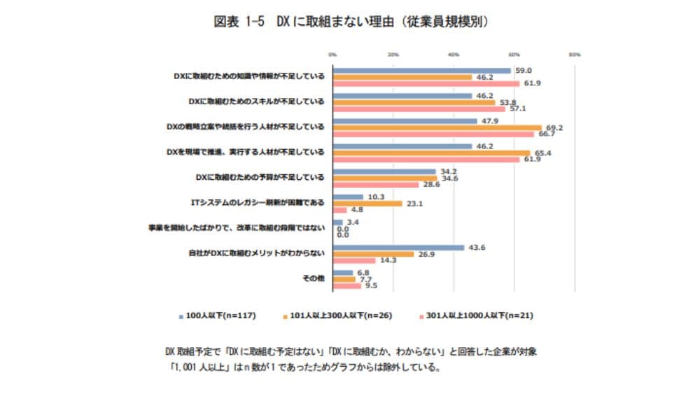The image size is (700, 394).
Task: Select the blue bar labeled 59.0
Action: coord(421,70)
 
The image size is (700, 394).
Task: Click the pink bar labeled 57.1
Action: coord(419,108)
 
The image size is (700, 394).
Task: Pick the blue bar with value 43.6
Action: coord(398,247)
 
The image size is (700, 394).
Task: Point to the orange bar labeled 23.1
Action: coord(367,203)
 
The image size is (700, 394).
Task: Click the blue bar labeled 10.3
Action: coord(348,197)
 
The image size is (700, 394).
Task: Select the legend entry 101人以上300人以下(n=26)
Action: coord(337,316)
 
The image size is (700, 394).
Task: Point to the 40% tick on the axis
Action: coord(454,53)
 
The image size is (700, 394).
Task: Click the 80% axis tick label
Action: coord(575,53)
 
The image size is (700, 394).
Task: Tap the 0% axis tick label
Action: coord(333,53)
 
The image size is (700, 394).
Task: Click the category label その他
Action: coord(313,279)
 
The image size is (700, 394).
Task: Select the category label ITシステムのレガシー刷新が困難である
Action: coord(258,203)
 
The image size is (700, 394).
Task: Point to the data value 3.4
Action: coord(352,222)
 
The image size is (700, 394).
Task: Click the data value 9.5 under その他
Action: coord(371,286)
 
